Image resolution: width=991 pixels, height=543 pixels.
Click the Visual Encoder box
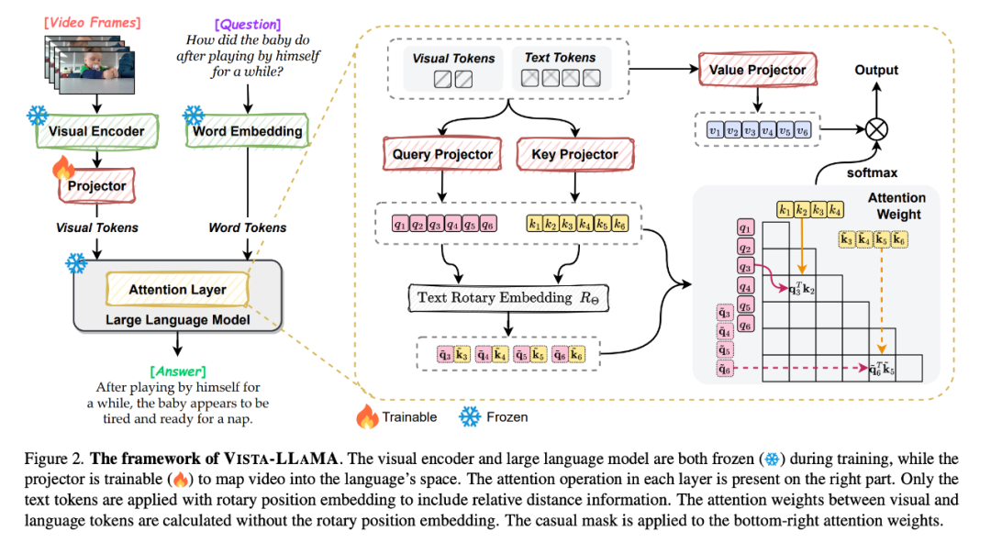96,131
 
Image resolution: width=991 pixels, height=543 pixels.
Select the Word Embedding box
247,131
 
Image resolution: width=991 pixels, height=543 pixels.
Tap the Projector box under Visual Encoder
96,186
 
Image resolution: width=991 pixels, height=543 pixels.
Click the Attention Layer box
177,290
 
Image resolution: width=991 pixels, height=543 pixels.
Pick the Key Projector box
574,155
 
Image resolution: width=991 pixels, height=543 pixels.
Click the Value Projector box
758,70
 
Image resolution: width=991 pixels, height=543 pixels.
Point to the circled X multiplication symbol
877,130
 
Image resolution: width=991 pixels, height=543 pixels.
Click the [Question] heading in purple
246,25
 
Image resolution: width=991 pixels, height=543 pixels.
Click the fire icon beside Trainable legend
368,416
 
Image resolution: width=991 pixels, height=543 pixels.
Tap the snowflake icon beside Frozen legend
470,416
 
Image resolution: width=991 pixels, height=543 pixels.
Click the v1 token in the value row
714,130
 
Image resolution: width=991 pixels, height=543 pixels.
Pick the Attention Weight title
896,205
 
